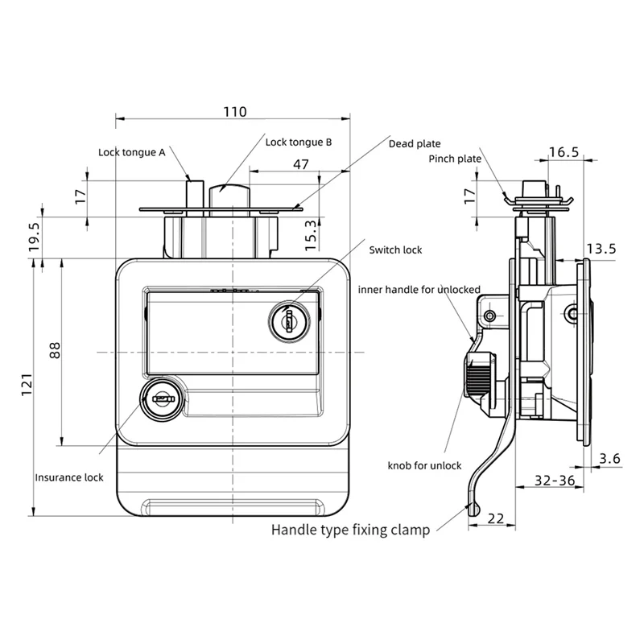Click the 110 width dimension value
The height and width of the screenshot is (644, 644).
234,112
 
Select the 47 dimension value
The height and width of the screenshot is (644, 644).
300,164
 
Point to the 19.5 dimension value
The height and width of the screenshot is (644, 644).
34,238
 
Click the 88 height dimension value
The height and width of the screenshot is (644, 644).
55,350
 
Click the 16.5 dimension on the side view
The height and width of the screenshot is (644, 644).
563,152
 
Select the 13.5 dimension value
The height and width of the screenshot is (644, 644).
600,249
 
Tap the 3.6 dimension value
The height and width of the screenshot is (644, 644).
610,459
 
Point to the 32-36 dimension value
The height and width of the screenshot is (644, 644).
555,481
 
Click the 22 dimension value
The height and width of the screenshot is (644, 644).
496,518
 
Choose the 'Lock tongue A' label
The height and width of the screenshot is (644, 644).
132,151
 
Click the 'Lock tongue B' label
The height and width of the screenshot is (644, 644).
299,142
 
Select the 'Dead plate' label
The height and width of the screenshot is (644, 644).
415,143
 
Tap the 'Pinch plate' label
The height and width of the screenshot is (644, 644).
455,159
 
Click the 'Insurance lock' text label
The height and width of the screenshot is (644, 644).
69,477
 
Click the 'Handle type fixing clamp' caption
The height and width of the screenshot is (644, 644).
350,530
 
